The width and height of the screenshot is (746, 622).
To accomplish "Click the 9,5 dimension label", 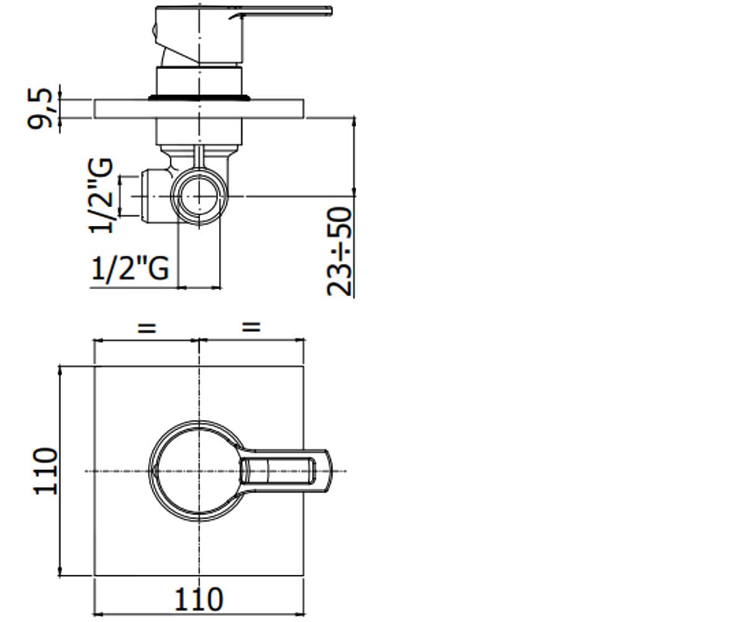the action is [40, 108].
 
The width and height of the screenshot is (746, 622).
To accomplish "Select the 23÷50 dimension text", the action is [339, 251].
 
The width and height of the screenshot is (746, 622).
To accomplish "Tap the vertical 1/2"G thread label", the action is [101, 195].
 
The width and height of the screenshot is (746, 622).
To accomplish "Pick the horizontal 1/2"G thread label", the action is [130, 267].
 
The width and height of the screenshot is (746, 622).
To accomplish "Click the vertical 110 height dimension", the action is [45, 471].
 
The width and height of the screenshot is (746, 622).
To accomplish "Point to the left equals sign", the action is [147, 327].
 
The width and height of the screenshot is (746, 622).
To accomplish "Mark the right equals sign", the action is [252, 327].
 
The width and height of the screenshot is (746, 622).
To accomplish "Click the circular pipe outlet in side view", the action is [199, 197].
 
